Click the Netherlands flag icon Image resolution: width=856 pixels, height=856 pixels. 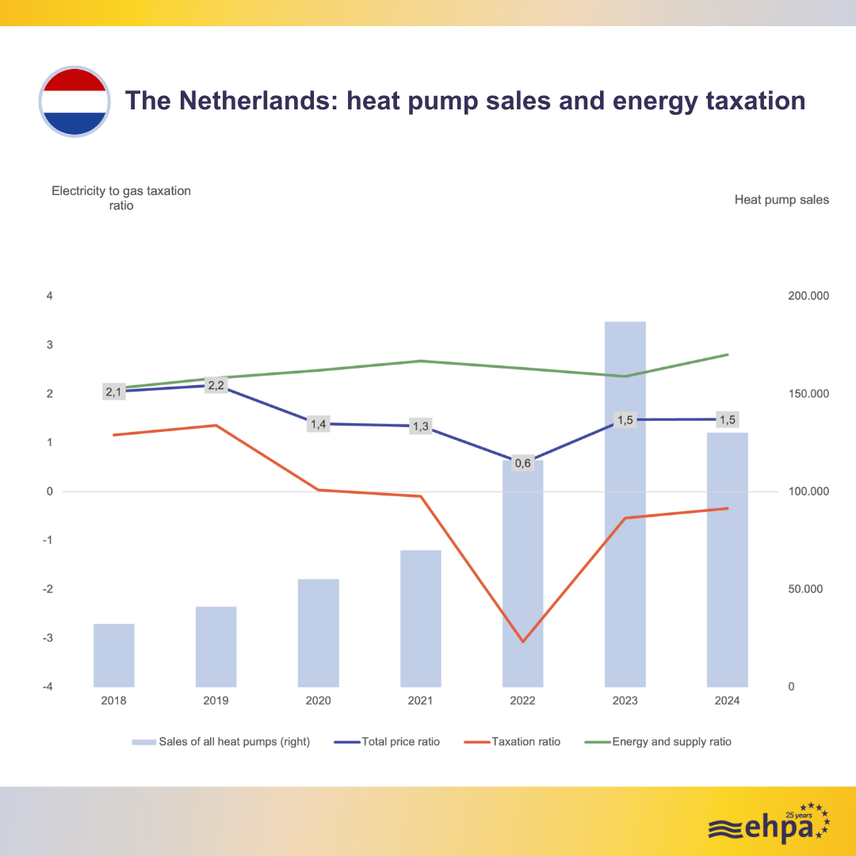coord(75,101)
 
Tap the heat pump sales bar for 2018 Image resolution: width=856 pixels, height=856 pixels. coord(114,655)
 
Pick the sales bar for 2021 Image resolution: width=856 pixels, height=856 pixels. coord(420,618)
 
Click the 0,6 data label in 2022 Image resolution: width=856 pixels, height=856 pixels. coord(522,463)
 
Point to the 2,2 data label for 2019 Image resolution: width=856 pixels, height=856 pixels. coord(216,385)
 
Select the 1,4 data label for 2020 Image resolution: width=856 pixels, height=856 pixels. coord(318,424)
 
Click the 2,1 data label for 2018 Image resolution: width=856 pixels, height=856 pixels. coord(114,392)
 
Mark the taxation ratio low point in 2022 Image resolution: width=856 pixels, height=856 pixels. coord(523,641)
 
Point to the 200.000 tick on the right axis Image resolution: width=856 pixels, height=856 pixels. coord(808,296)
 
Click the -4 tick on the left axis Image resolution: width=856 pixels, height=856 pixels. coord(48,687)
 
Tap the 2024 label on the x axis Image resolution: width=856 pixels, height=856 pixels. coord(727,701)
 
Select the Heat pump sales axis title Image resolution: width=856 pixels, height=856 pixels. coord(781,200)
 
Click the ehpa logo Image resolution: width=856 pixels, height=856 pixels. coord(768,824)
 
